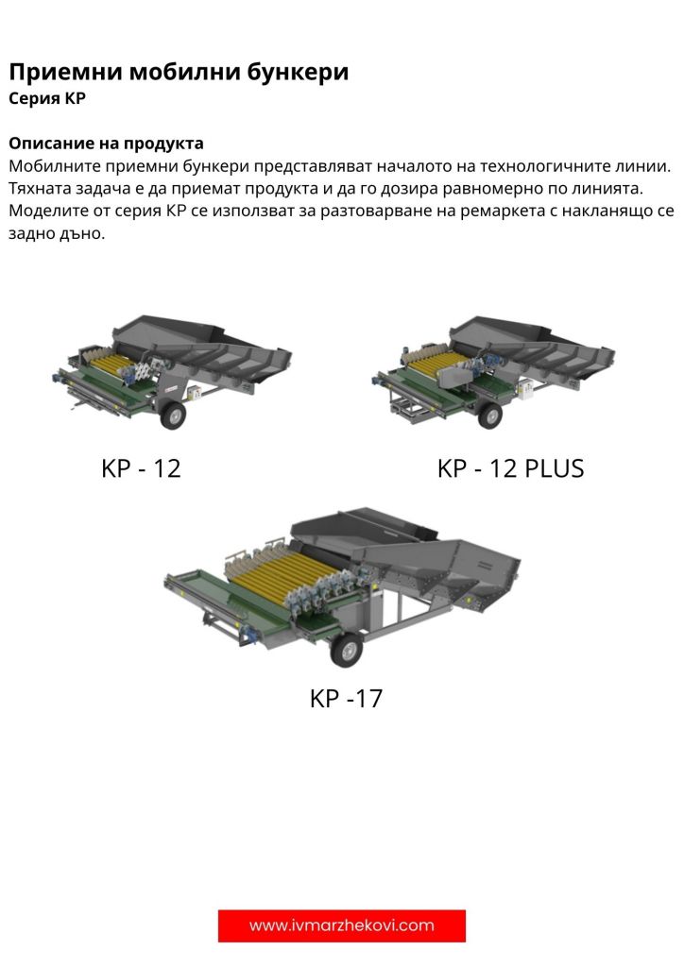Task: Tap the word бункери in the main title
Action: pyautogui.click(x=298, y=72)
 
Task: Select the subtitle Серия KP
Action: pyautogui.click(x=47, y=98)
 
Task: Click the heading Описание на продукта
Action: pyautogui.click(x=106, y=144)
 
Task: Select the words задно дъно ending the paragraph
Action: pyautogui.click(x=56, y=233)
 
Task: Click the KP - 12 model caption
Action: pyautogui.click(x=142, y=468)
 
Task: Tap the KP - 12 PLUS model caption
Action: pyautogui.click(x=511, y=468)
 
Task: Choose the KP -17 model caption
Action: pyautogui.click(x=346, y=699)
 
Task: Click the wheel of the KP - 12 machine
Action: pyautogui.click(x=173, y=416)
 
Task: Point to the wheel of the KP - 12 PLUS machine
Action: pyautogui.click(x=490, y=416)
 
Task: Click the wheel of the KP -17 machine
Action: pyautogui.click(x=347, y=650)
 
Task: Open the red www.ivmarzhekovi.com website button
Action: pyautogui.click(x=342, y=925)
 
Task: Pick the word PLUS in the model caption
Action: pyautogui.click(x=554, y=468)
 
